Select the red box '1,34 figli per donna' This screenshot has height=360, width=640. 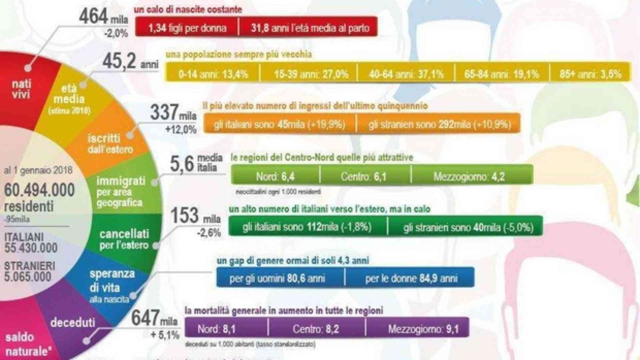[187, 28]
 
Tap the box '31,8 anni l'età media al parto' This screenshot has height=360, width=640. [310, 28]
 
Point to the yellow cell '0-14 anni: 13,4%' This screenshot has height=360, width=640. [213, 74]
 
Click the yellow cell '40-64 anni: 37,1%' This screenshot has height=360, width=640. [406, 74]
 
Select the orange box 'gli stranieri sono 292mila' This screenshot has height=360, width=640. [439, 125]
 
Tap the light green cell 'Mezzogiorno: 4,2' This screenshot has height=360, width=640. [469, 176]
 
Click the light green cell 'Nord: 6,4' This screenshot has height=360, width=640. [275, 176]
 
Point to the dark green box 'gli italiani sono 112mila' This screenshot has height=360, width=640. [307, 227]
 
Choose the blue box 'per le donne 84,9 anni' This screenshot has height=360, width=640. [411, 278]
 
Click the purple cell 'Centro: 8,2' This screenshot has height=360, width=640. [315, 329]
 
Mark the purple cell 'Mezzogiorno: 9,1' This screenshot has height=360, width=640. [423, 329]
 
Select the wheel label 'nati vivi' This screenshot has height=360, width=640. [21, 89]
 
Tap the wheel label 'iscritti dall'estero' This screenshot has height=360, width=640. [110, 143]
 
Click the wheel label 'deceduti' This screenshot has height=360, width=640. [72, 322]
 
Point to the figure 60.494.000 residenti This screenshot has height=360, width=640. [40, 197]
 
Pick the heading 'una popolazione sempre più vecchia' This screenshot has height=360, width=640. [238, 55]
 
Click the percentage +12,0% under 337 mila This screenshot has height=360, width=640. [180, 129]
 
